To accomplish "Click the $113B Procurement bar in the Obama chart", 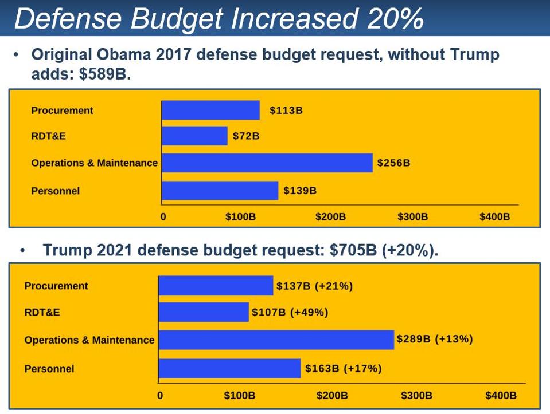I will coord(210,111).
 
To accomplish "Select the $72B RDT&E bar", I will coord(194,136).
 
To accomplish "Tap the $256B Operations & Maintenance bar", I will coord(267,163).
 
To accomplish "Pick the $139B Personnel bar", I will coord(220,191).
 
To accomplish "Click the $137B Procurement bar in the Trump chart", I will coord(216,286).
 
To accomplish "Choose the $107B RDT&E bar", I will coord(204,312).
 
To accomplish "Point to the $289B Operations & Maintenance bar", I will coord(276,340).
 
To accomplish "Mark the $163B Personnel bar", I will coord(229,369).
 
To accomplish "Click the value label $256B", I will coord(393,163).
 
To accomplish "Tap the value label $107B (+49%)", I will coord(290,313).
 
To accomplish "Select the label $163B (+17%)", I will coord(343,369).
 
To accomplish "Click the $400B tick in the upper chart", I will coord(494,217).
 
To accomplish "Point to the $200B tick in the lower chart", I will coord(332,396).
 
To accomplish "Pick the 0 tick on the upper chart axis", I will coord(163,217).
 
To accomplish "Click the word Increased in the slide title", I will coord(292,19).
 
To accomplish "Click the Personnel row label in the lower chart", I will coord(49,369).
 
